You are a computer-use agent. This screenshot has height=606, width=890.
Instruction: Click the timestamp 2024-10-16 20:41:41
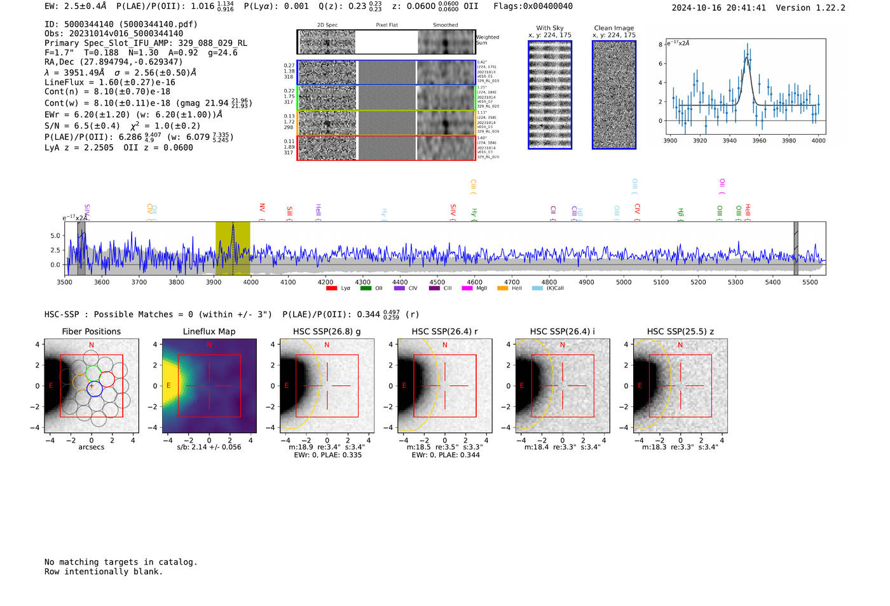pyautogui.click(x=718, y=8)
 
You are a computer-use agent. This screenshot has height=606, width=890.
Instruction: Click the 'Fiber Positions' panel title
pyautogui.click(x=91, y=331)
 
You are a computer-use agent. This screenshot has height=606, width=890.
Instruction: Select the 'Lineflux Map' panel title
pyautogui.click(x=209, y=331)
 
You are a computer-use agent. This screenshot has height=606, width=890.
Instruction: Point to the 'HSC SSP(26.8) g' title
pyautogui.click(x=327, y=331)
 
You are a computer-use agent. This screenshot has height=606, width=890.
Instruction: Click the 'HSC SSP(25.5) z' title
pyautogui.click(x=680, y=331)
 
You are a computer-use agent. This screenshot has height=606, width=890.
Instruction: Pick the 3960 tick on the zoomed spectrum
pyautogui.click(x=759, y=141)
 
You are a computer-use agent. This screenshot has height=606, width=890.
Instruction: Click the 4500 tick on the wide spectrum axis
pyautogui.click(x=437, y=282)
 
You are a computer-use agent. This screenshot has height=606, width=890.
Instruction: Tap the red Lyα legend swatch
pyautogui.click(x=331, y=288)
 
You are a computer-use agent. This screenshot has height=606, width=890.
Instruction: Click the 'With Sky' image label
pyautogui.click(x=550, y=28)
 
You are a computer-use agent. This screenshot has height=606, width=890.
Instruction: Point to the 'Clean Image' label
pyautogui.click(x=614, y=28)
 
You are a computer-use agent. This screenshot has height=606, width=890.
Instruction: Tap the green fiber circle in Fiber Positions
pyautogui.click(x=93, y=373)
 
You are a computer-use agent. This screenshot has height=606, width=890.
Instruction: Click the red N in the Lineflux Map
pyautogui.click(x=209, y=345)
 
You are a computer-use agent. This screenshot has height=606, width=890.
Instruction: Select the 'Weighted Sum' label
pyautogui.click(x=487, y=40)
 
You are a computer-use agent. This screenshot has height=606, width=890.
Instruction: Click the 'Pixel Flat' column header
pyautogui.click(x=387, y=25)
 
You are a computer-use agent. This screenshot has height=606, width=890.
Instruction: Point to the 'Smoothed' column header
pyautogui.click(x=445, y=25)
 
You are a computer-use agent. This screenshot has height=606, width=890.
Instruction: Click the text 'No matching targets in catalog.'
pyautogui.click(x=121, y=561)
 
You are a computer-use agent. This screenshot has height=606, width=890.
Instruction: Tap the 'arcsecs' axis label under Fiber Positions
pyautogui.click(x=91, y=447)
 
